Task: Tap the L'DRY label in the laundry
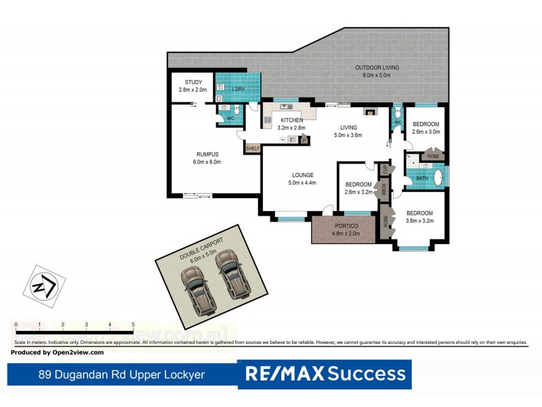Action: click(238, 90)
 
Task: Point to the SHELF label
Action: click(253, 149)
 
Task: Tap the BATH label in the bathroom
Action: click(421, 178)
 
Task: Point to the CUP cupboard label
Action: click(384, 169)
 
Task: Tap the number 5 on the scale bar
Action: click(133, 325)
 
